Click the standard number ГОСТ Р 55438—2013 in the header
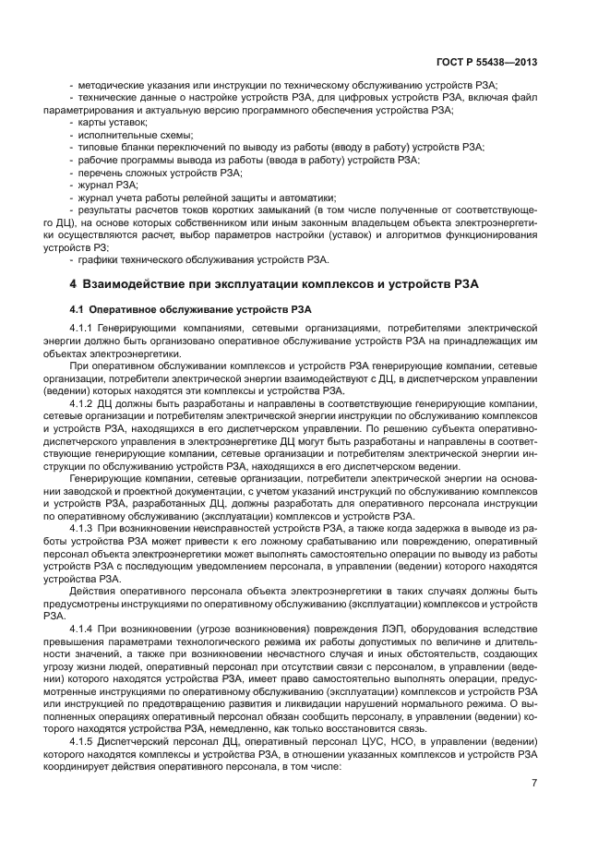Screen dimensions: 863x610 [x=487, y=63]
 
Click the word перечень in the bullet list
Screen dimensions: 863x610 [x=101, y=172]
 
